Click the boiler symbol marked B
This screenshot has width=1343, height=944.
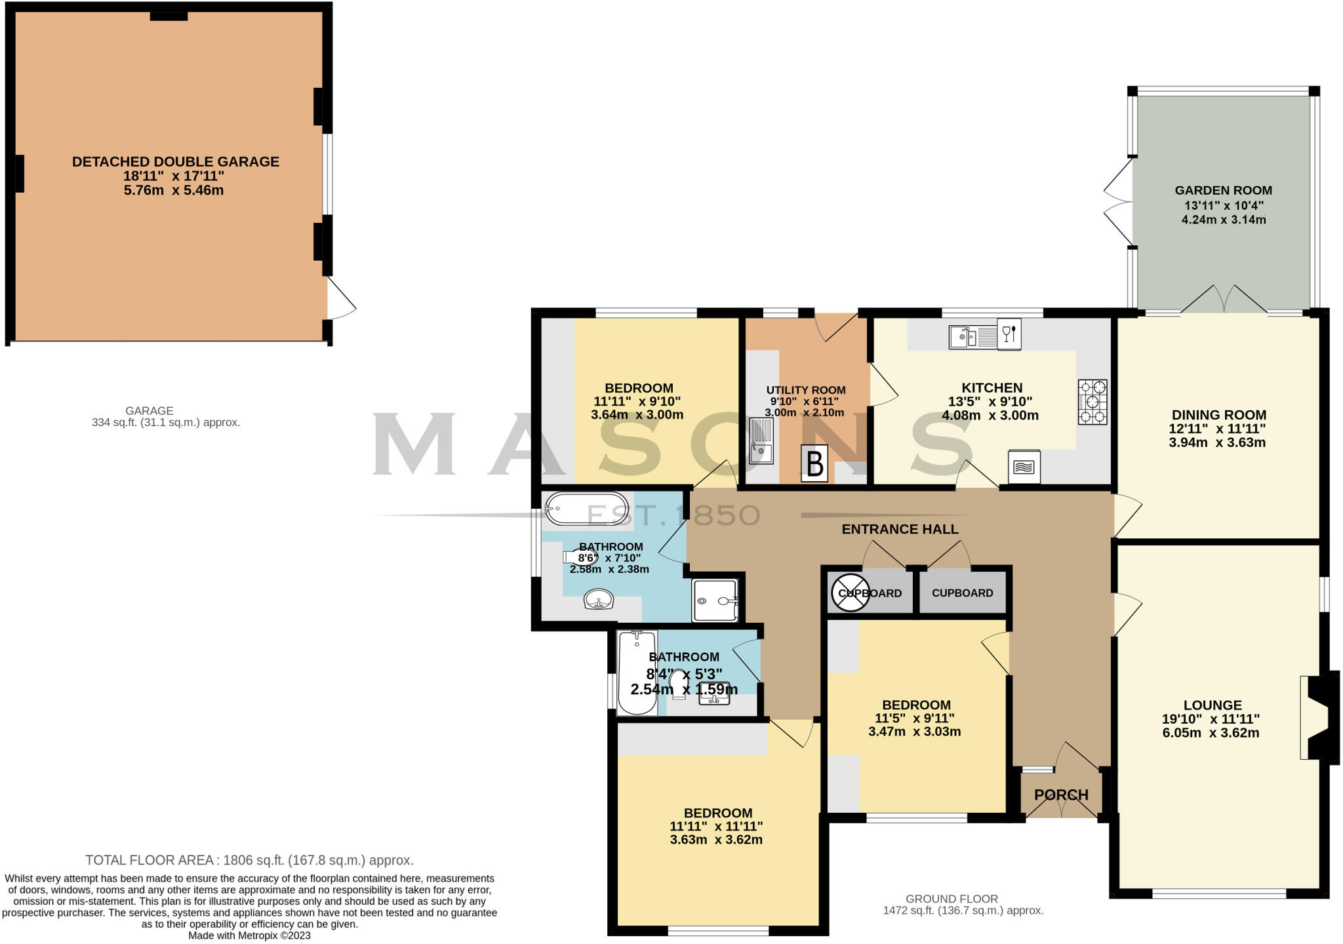pyautogui.click(x=814, y=464)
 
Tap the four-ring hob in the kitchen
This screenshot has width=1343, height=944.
pyautogui.click(x=1092, y=402)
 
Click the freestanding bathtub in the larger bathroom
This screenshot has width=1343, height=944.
pyautogui.click(x=587, y=509)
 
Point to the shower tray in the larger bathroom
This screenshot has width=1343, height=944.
pyautogui.click(x=715, y=600)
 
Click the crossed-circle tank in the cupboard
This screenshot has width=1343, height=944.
pyautogui.click(x=850, y=593)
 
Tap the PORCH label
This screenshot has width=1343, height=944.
pyautogui.click(x=1061, y=795)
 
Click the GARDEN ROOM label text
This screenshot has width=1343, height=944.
pyautogui.click(x=1223, y=191)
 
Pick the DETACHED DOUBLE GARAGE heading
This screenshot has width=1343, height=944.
pyautogui.click(x=175, y=162)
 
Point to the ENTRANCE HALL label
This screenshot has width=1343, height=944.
pyautogui.click(x=900, y=529)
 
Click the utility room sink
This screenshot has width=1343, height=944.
pyautogui.click(x=761, y=441)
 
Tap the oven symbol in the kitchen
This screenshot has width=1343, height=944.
pyautogui.click(x=1024, y=467)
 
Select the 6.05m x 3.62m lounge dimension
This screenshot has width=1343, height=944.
pyautogui.click(x=1211, y=733)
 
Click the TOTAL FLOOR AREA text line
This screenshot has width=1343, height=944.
pyautogui.click(x=249, y=860)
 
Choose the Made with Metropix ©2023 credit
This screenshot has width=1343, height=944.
pyautogui.click(x=249, y=935)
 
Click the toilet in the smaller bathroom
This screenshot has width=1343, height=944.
pyautogui.click(x=679, y=684)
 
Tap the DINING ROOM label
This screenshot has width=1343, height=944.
pyautogui.click(x=1218, y=415)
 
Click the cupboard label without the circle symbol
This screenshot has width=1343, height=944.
pyautogui.click(x=962, y=593)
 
